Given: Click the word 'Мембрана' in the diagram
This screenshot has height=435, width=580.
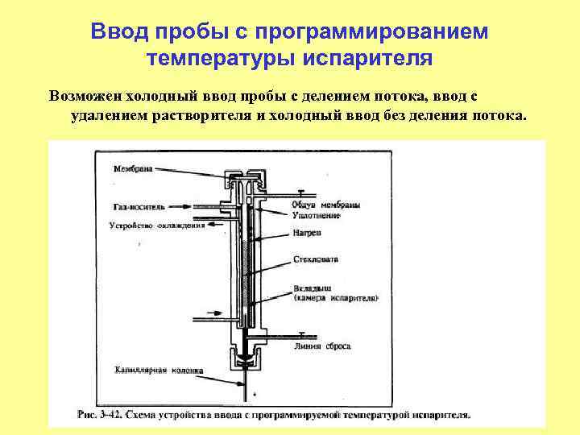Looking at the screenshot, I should [134, 169].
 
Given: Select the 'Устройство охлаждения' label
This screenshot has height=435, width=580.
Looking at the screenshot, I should [156, 226].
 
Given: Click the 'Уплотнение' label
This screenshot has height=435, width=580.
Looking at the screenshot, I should [316, 215].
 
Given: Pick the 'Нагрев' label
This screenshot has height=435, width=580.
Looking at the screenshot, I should [307, 233].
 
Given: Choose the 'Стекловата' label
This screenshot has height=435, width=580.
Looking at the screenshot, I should [317, 259].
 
